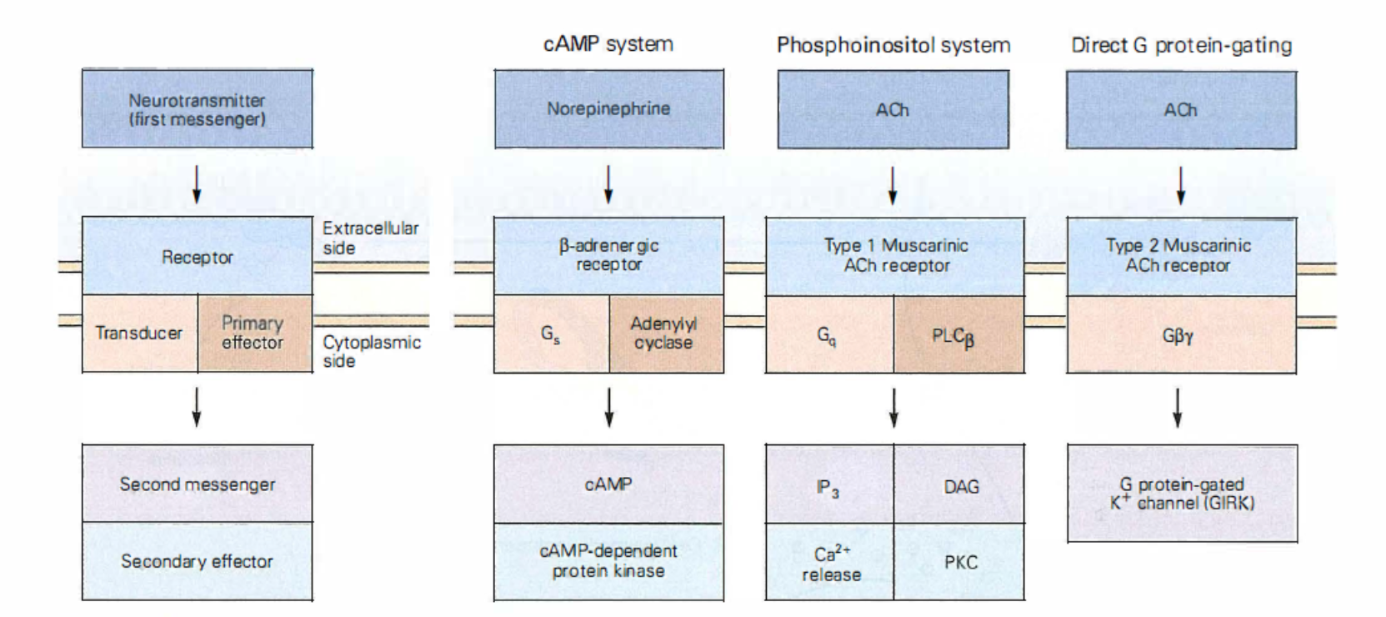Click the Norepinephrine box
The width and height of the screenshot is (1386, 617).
tap(608, 109)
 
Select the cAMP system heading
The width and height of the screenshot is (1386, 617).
tap(608, 44)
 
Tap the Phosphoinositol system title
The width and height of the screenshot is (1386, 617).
tap(893, 45)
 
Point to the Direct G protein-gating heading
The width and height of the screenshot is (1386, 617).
tap(1181, 45)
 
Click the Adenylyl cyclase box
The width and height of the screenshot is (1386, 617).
tap(665, 334)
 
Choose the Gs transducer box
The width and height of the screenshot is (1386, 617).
tap(551, 334)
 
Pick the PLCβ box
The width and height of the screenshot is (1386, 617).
tap(958, 334)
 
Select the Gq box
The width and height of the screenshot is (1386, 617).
tap(828, 334)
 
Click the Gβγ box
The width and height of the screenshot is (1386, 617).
tap(1181, 334)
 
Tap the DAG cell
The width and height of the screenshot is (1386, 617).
tap(960, 484)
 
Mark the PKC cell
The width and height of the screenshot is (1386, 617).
tap(960, 562)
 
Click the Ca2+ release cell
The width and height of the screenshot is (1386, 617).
tap(830, 563)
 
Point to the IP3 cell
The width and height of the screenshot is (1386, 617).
tap(829, 484)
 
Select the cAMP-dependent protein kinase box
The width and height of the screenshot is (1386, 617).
tap(608, 561)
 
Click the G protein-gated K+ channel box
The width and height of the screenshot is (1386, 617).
tap(1182, 493)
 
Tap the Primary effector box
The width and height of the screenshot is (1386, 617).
tap(253, 334)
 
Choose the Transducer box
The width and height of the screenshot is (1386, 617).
tap(139, 334)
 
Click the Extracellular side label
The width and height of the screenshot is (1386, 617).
tap(370, 238)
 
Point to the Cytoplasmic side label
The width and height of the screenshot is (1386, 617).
tap(371, 351)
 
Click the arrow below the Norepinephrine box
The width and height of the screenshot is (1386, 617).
tap(608, 184)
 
